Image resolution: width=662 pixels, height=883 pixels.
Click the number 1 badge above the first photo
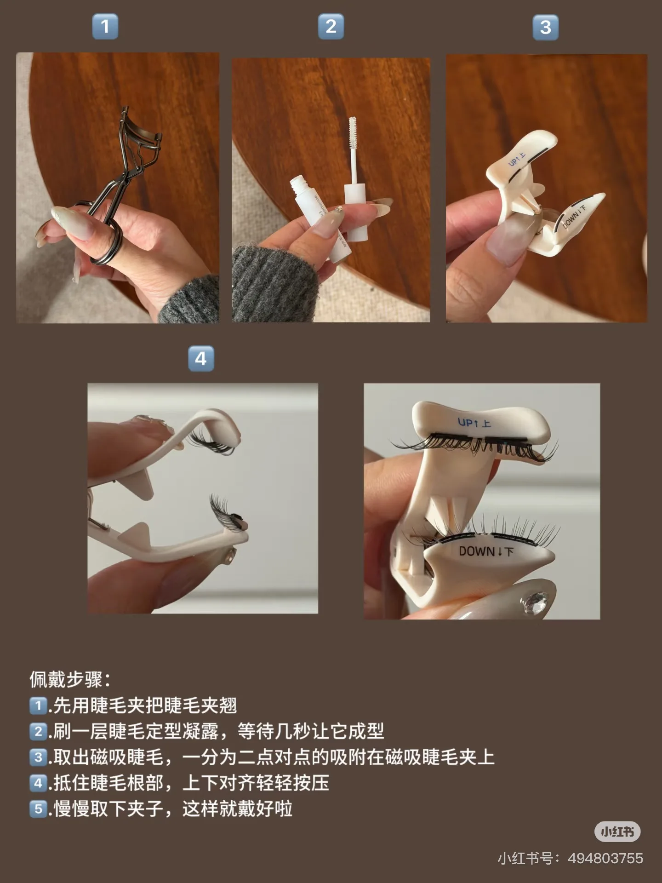tap(105, 26)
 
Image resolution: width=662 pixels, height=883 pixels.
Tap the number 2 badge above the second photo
tap(331, 26)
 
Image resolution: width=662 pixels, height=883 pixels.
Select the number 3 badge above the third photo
tap(545, 28)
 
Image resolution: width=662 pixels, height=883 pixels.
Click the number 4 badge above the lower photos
tap(201, 359)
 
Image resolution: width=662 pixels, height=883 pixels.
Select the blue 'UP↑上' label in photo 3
tap(517, 160)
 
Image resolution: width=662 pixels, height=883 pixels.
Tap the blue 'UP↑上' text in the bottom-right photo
tap(474, 422)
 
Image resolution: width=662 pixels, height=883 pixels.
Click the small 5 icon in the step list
tap(38, 808)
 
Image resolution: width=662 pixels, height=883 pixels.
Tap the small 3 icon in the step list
tap(38, 757)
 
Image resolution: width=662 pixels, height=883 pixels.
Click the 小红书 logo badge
tap(617, 831)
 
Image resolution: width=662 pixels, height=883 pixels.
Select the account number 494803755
tap(605, 858)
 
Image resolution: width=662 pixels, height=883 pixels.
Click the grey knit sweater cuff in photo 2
tap(271, 285)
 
